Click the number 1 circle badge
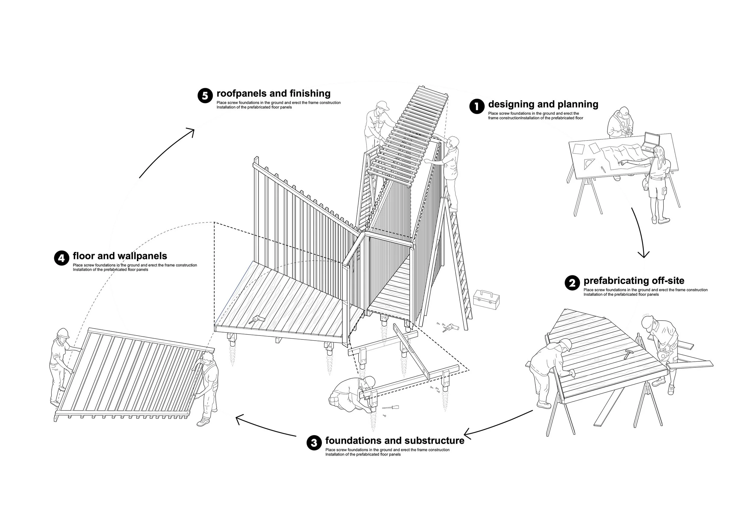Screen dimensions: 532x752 476,107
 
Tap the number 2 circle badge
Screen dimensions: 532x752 572,283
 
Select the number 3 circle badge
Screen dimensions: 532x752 314,443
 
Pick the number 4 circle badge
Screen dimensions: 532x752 62,258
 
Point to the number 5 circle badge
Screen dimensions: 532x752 205,96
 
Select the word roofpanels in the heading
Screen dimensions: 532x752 241,93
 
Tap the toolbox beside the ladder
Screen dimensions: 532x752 486,299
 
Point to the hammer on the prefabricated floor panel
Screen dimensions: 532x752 629,354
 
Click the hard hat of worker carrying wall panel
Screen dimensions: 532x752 63,332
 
